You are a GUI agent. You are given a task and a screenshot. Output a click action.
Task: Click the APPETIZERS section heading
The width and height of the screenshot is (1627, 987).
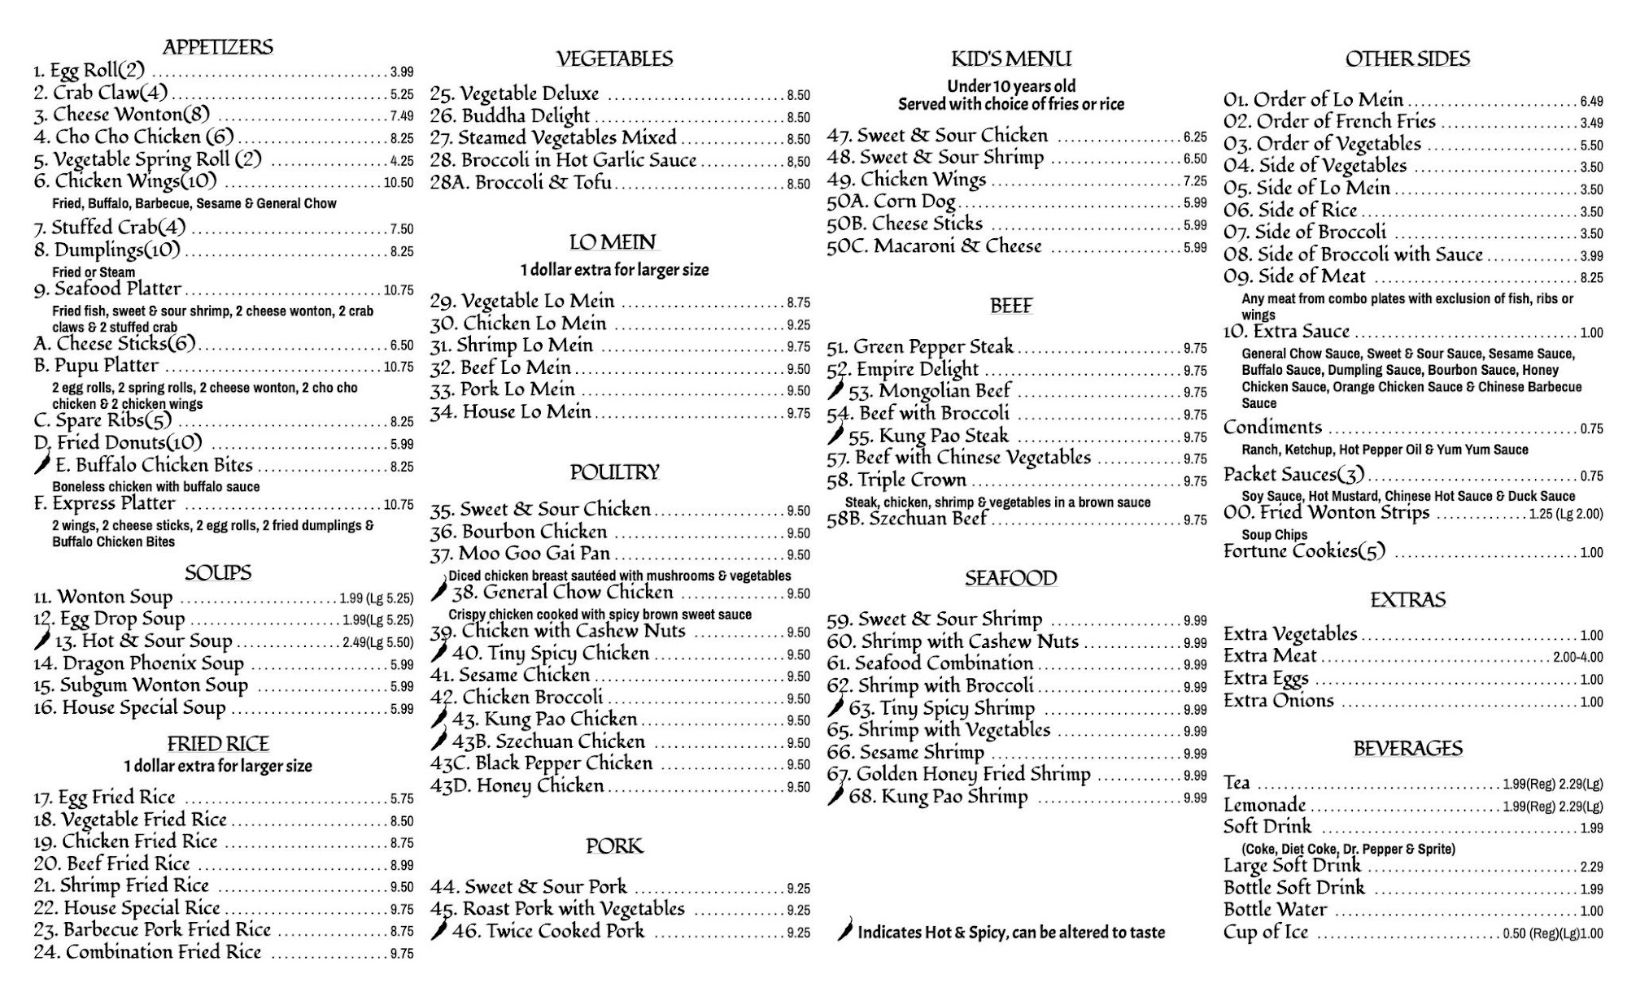[x=218, y=47]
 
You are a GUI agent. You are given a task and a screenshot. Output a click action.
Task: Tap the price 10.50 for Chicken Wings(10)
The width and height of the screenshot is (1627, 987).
[x=399, y=183]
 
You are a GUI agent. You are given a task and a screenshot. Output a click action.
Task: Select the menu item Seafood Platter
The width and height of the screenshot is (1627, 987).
[x=118, y=289]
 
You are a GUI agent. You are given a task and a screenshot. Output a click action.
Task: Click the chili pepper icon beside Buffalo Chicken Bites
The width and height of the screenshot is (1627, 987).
[x=42, y=465]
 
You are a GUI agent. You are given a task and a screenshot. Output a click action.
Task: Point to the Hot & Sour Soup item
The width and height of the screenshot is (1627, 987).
[x=143, y=641]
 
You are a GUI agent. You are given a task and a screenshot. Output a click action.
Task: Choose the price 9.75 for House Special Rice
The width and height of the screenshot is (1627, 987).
[x=401, y=910]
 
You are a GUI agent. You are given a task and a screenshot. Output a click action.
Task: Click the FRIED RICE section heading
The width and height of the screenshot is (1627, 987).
[x=218, y=744]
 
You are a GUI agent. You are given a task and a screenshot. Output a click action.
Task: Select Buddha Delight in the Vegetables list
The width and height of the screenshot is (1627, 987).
[x=526, y=116]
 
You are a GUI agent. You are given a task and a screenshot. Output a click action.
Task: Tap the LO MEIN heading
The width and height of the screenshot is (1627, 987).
[x=613, y=242]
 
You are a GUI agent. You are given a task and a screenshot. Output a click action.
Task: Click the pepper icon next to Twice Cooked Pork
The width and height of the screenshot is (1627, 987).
[x=439, y=930]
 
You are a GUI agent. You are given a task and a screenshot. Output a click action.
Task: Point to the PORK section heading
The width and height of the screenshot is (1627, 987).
[x=614, y=846]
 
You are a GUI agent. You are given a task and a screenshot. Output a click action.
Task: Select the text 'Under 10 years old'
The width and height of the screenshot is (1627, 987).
[x=1011, y=86]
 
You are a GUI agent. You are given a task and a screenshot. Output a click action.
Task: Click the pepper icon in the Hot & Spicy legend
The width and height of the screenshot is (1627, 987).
[x=846, y=929]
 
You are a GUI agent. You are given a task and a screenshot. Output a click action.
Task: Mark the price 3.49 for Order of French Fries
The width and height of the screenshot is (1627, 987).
[x=1591, y=123]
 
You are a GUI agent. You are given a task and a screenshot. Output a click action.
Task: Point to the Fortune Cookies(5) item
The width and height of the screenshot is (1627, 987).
[x=1304, y=552]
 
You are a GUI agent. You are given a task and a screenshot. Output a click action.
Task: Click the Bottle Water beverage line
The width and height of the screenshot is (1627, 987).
[x=1275, y=910]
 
